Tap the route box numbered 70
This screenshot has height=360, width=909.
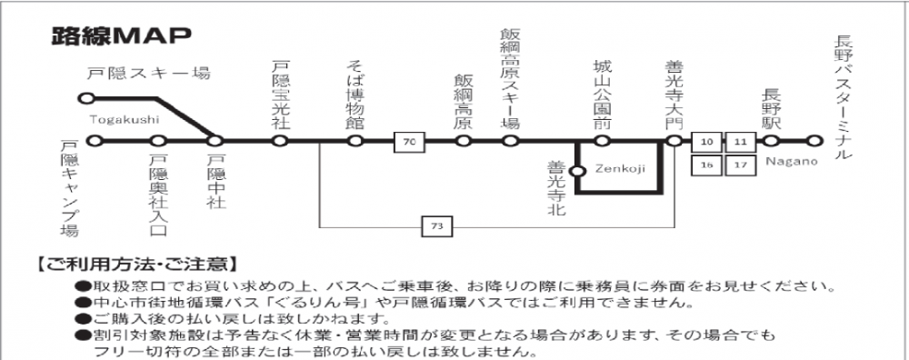click(x=409, y=142)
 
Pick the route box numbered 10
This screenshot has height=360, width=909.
click(x=707, y=142)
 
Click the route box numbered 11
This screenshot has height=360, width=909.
click(x=740, y=142)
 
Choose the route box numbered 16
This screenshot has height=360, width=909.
click(x=707, y=165)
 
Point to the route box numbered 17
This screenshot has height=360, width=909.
click(x=740, y=165)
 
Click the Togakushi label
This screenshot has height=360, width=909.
click(x=125, y=119)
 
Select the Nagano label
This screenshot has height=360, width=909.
click(x=790, y=161)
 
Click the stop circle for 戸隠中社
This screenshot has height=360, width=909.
click(x=215, y=141)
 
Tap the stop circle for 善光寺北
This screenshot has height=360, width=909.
click(x=575, y=169)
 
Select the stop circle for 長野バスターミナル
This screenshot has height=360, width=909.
click(x=814, y=141)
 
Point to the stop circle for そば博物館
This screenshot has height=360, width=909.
click(x=355, y=141)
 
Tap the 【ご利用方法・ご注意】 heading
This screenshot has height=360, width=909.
click(x=136, y=266)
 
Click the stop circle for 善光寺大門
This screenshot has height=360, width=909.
click(x=673, y=141)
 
